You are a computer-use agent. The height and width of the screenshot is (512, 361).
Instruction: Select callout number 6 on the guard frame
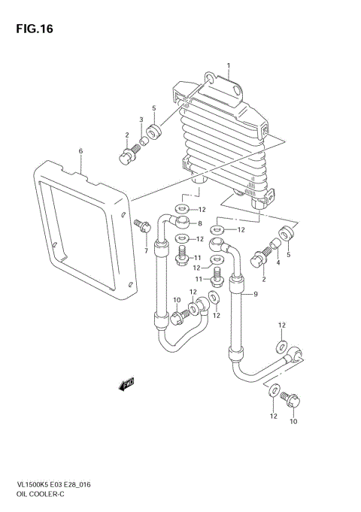click(x=80, y=151)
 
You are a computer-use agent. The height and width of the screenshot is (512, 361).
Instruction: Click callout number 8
click(x=199, y=224)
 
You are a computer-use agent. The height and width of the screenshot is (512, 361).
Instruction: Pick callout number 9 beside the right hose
click(x=256, y=294)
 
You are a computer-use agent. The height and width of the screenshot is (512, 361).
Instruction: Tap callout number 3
click(x=140, y=120)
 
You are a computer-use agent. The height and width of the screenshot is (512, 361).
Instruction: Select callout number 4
click(x=277, y=263)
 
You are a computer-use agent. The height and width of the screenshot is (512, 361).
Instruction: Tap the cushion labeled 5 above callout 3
click(x=155, y=134)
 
